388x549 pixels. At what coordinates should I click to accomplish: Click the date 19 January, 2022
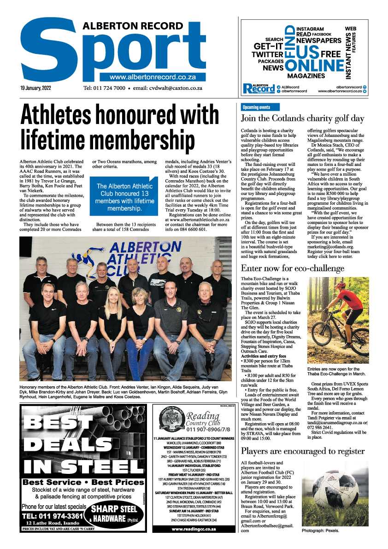point(35,88)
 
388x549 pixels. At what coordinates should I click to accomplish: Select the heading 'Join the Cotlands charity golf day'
point(302,118)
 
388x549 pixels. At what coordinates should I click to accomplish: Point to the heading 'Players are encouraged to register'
point(302,451)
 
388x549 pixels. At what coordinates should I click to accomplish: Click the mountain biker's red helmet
point(341,288)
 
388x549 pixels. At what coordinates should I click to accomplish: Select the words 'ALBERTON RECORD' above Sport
point(126,27)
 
